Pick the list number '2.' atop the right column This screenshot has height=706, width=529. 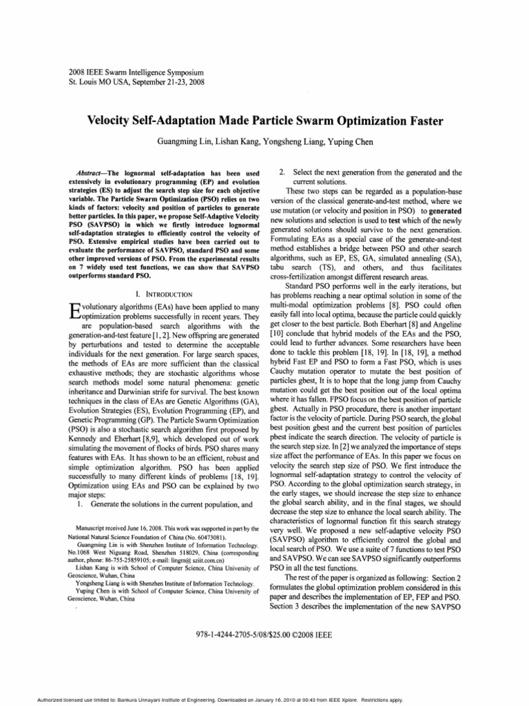(x=281, y=171)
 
